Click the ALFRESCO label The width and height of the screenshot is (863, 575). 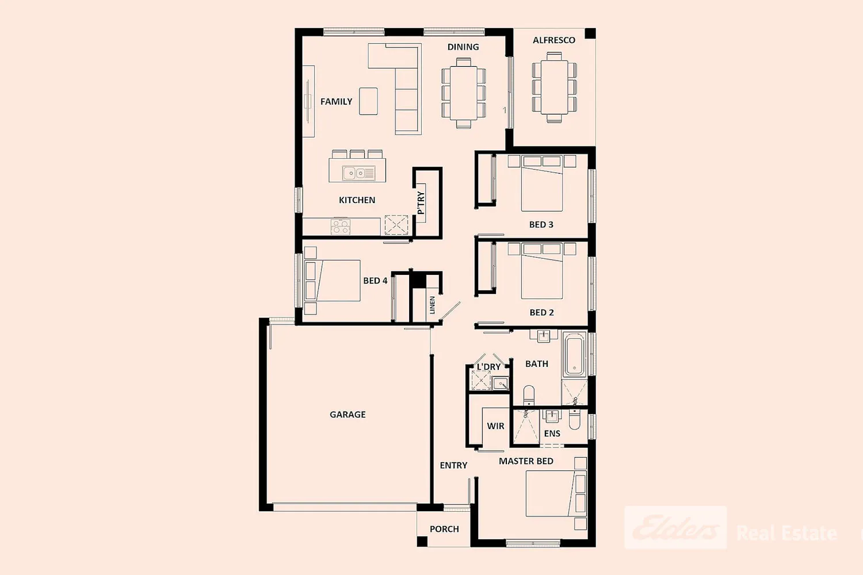coord(553,40)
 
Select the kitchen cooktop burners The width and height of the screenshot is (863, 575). coord(341,226)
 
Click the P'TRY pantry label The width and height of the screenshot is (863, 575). coord(421,202)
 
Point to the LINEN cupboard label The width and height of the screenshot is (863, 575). coord(432,305)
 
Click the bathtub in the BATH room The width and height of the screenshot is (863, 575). coord(574,355)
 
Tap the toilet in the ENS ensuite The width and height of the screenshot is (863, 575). coord(574,419)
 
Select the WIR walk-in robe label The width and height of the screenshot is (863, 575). coord(495,426)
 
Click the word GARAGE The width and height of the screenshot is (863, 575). coord(348,415)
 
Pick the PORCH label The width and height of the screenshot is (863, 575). coord(444,529)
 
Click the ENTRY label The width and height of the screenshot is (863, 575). coord(453,465)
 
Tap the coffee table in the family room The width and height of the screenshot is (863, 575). coord(368,101)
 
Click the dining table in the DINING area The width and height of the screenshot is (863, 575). coord(464,93)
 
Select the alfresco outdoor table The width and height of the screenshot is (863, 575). coord(554,87)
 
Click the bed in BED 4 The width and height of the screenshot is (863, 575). coord(333,281)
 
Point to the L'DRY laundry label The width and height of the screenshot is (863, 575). coord(488,367)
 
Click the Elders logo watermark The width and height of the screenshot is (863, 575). coord(676,528)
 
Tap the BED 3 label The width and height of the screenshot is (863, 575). coord(541,224)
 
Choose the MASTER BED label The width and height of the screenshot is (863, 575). coord(526,461)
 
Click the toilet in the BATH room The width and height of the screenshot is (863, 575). coord(529,395)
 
